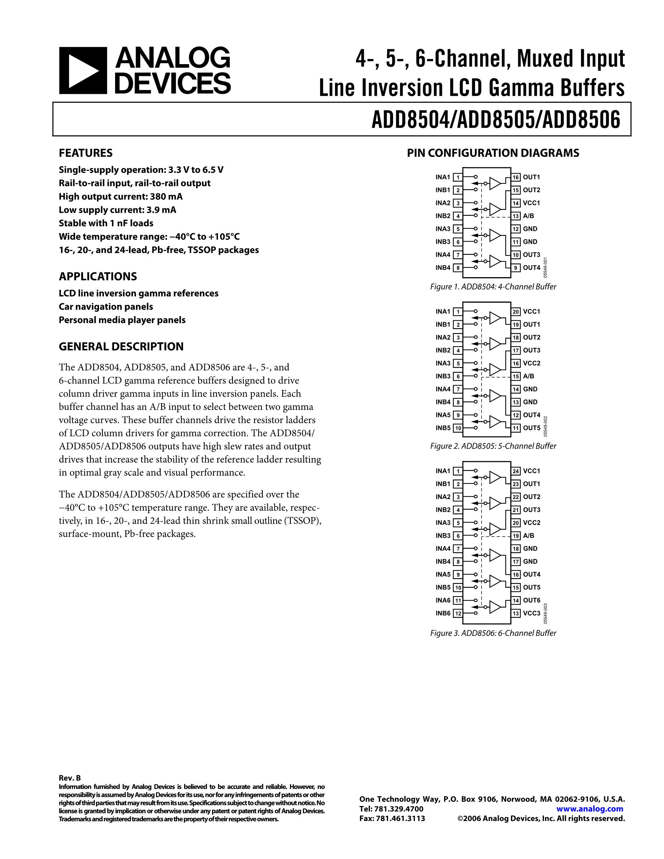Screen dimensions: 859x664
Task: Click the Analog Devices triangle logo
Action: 83,70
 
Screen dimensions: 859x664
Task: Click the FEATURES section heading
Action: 85,153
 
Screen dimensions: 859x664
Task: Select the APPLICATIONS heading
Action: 98,276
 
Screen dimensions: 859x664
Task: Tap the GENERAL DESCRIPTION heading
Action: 121,347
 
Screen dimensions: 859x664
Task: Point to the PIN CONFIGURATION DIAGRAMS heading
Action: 493,153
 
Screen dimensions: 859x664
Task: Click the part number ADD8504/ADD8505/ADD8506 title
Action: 496,120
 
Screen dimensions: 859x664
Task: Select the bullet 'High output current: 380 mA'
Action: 120,197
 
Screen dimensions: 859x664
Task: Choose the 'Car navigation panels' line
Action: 106,307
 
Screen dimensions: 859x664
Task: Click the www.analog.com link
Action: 590,809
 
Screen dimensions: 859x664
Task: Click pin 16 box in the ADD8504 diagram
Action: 516,177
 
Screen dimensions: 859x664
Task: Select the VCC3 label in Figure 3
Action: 531,613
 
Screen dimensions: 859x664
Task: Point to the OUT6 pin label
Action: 531,600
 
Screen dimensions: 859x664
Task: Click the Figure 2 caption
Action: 493,446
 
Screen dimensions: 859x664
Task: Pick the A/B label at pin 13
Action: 528,216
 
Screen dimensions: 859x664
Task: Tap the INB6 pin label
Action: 443,613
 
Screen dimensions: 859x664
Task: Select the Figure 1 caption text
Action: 493,287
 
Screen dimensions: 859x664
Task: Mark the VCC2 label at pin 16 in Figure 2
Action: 531,363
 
